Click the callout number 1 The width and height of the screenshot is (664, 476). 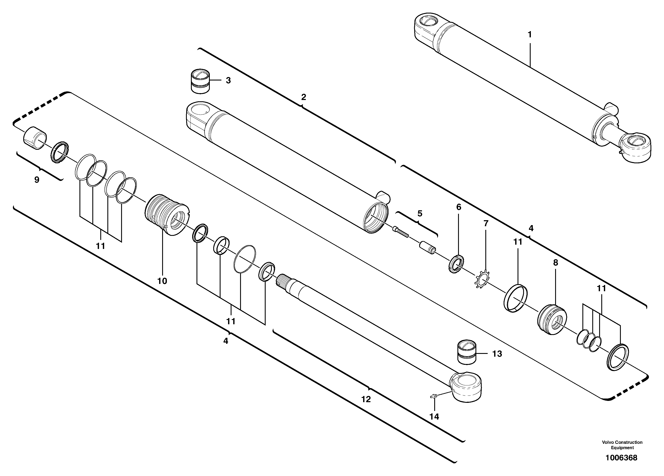529,35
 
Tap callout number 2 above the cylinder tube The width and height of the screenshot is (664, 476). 304,97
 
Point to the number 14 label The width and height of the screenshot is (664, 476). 434,417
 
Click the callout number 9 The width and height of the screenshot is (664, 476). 37,180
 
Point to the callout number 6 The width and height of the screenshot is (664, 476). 458,207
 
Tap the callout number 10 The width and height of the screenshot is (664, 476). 162,281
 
